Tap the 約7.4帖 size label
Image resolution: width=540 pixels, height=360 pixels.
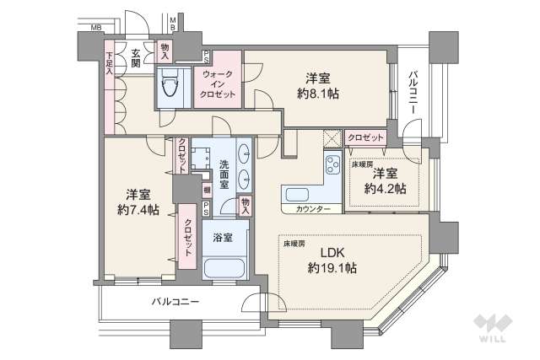coord(137,209)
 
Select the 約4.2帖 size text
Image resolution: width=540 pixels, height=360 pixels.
coord(386,189)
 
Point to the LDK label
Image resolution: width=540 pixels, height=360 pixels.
coord(331,251)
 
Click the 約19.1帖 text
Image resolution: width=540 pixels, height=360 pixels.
coord(331,268)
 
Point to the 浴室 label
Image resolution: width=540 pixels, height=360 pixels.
coord(224,237)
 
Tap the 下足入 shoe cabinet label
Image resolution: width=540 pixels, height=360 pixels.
coord(110,66)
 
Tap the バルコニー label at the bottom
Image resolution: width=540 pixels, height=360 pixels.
coord(175,301)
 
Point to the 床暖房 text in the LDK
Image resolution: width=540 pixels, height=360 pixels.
coord(294,244)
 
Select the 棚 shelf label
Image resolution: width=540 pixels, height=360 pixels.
coord(206,191)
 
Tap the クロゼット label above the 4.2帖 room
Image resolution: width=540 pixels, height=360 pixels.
coord(365,137)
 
